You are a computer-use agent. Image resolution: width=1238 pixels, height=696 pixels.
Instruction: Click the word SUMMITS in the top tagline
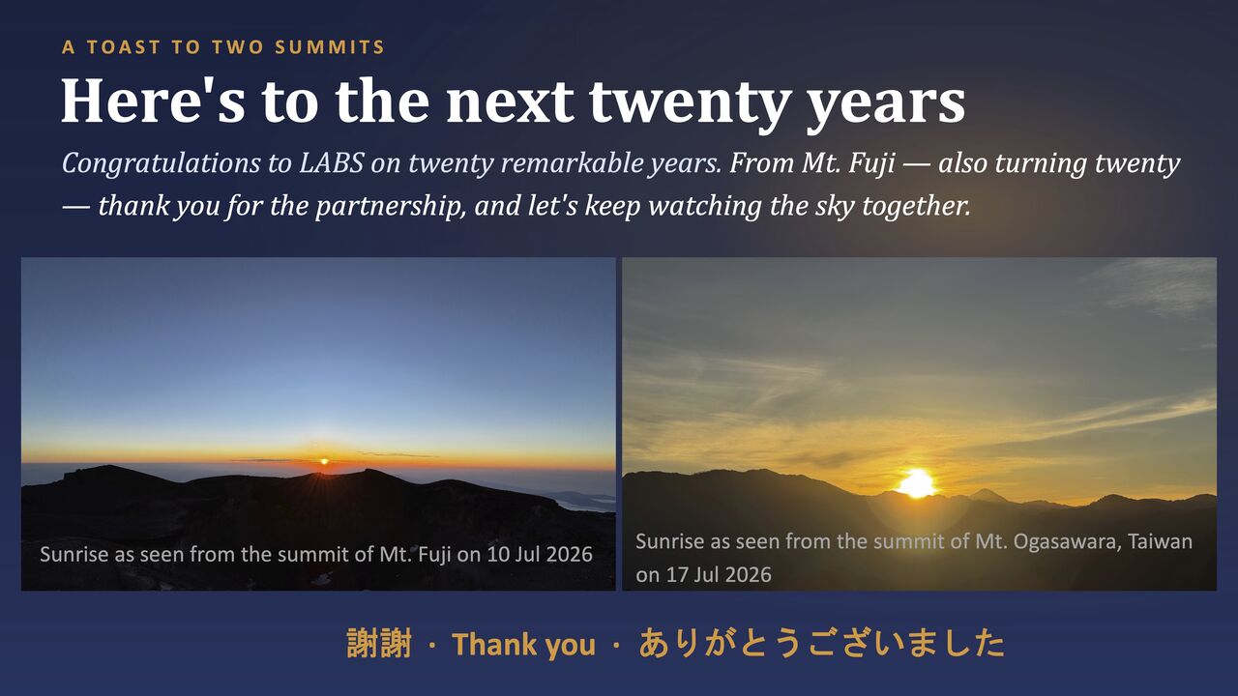click(x=330, y=47)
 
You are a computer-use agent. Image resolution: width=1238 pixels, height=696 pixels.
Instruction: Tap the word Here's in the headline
click(x=153, y=101)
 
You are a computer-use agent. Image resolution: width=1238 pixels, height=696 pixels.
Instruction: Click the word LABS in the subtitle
click(x=331, y=163)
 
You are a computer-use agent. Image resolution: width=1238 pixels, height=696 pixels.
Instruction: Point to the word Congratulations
click(x=161, y=164)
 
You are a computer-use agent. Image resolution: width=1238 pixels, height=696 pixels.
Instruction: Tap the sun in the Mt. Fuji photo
click(x=324, y=461)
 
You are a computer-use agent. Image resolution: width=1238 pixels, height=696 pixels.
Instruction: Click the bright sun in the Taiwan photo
click(x=917, y=484)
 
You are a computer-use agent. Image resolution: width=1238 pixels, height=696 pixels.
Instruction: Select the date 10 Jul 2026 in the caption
click(x=540, y=554)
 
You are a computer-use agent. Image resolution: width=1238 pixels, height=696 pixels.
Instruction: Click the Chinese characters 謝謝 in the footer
click(x=379, y=644)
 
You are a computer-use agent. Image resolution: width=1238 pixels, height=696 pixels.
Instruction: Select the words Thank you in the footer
click(x=523, y=645)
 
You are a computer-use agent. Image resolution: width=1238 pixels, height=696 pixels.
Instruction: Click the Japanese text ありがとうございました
click(x=822, y=644)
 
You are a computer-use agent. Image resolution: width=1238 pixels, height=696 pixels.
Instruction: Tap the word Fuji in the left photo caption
click(x=435, y=555)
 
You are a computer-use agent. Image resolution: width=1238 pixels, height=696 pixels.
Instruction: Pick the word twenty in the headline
click(x=688, y=105)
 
